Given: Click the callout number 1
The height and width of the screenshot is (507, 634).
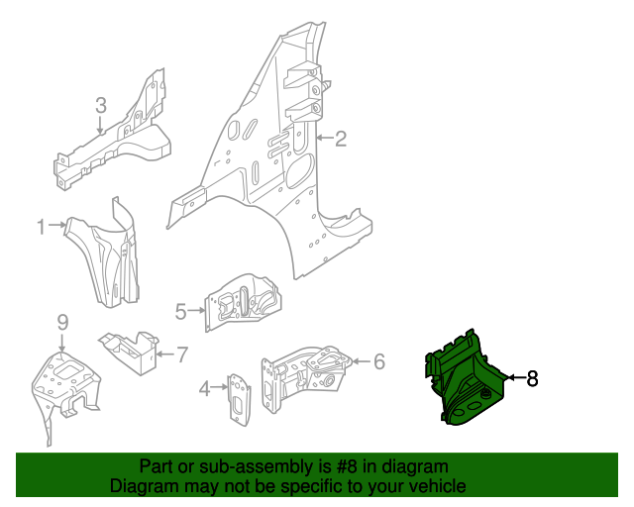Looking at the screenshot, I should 42,227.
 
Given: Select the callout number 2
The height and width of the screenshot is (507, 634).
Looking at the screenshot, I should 340,139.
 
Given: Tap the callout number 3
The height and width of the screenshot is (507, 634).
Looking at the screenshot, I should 100,105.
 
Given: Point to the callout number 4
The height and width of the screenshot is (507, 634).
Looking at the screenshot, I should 204,388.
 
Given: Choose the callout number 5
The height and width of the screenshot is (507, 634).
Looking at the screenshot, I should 180,312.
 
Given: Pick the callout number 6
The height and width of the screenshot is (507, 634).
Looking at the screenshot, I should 377,361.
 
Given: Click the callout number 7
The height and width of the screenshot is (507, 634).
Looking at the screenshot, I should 181,353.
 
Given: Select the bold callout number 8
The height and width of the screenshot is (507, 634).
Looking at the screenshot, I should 532,377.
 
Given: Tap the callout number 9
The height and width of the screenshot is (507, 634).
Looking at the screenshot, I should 61,322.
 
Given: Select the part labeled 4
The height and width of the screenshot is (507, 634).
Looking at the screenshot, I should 238,399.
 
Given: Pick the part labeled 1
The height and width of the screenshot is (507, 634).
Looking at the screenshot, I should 109,253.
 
